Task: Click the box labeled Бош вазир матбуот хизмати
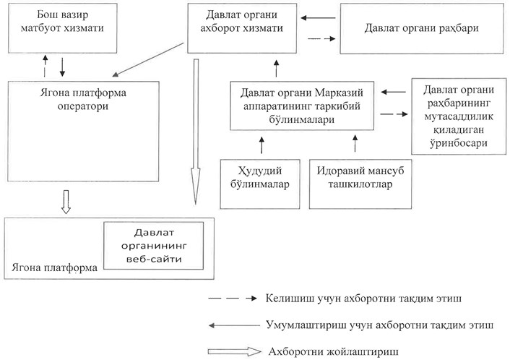pyautogui.click(x=62, y=28)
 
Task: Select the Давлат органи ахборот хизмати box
pyautogui.click(x=242, y=28)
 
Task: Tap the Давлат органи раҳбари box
pyautogui.click(x=422, y=29)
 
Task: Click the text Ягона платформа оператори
pyautogui.click(x=83, y=99)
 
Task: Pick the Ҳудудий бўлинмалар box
pyautogui.click(x=260, y=184)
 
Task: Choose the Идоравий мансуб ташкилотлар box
pyautogui.click(x=360, y=184)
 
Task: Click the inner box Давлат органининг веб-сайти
pyautogui.click(x=154, y=246)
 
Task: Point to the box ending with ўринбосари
pyautogui.click(x=459, y=116)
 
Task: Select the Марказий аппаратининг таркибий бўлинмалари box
pyautogui.click(x=302, y=106)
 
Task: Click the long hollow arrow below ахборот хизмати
pyautogui.click(x=196, y=132)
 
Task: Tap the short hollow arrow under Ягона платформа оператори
pyautogui.click(x=66, y=202)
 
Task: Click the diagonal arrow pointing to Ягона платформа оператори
pyautogui.click(x=148, y=59)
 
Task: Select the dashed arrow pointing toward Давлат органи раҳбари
pyautogui.click(x=321, y=39)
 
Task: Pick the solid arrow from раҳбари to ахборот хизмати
pyautogui.click(x=318, y=18)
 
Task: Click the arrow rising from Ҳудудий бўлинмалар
pyautogui.click(x=262, y=145)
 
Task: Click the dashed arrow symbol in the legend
pyautogui.click(x=233, y=298)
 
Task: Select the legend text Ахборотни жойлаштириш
pyautogui.click(x=334, y=352)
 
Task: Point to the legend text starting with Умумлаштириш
pyautogui.click(x=379, y=325)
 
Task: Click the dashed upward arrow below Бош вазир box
pyautogui.click(x=46, y=66)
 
